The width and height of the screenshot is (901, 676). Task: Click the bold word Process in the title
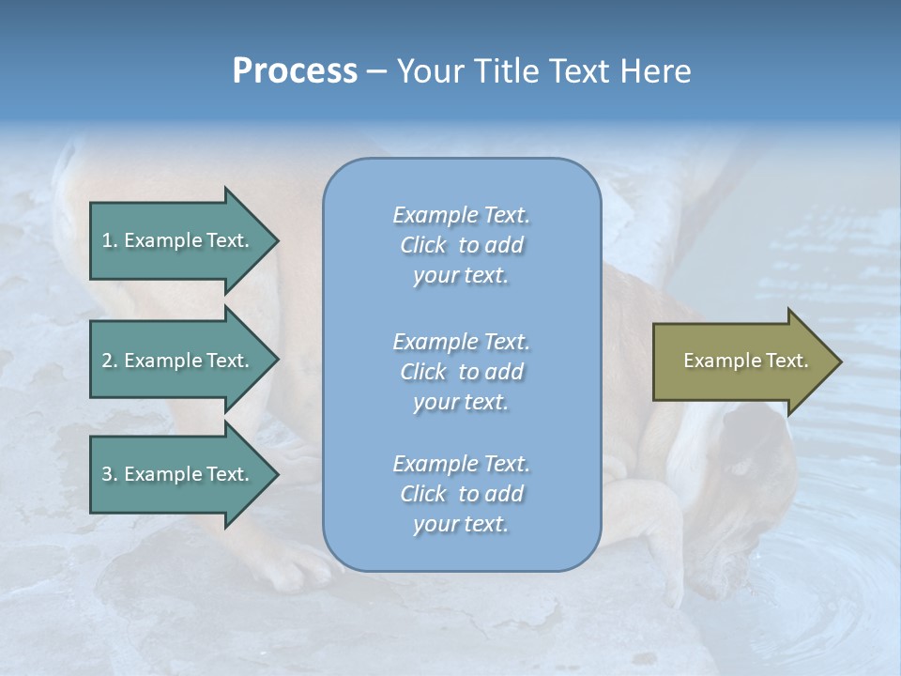(295, 71)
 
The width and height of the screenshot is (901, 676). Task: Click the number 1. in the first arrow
(110, 240)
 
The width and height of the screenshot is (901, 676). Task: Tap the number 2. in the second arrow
(110, 361)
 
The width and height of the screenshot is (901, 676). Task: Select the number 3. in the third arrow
(110, 474)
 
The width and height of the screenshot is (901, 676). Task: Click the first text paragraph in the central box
(461, 245)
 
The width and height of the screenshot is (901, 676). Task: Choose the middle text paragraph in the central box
(461, 371)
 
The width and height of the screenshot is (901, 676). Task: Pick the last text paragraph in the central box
(461, 494)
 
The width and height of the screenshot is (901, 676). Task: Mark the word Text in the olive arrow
(786, 361)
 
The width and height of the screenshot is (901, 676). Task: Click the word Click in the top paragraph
(423, 245)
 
